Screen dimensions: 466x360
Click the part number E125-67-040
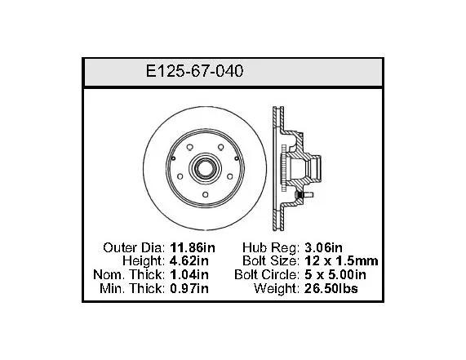click(195, 71)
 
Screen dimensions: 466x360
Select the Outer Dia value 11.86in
click(193, 247)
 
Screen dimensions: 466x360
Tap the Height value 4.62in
click(189, 261)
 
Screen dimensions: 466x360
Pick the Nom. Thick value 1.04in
click(189, 274)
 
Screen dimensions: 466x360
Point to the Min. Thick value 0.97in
click(189, 288)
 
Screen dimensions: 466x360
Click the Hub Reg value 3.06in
click(323, 247)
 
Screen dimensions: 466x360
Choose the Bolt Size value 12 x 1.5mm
click(341, 261)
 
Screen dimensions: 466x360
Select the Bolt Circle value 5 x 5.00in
click(335, 274)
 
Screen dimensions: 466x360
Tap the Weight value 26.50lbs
click(331, 288)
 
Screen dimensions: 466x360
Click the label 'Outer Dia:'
click(134, 247)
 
